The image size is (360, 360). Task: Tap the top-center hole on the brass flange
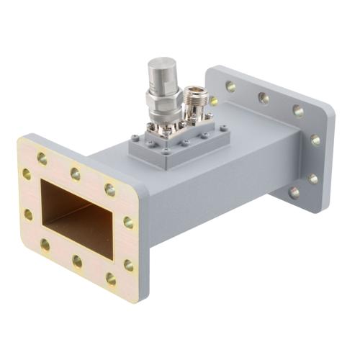pos(75,173)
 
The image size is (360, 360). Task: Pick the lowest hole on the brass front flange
pos(111,277)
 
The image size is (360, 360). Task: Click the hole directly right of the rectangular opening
pos(128,222)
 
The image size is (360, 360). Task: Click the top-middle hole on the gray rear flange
pos(264,97)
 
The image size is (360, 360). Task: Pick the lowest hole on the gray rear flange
pos(294,192)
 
